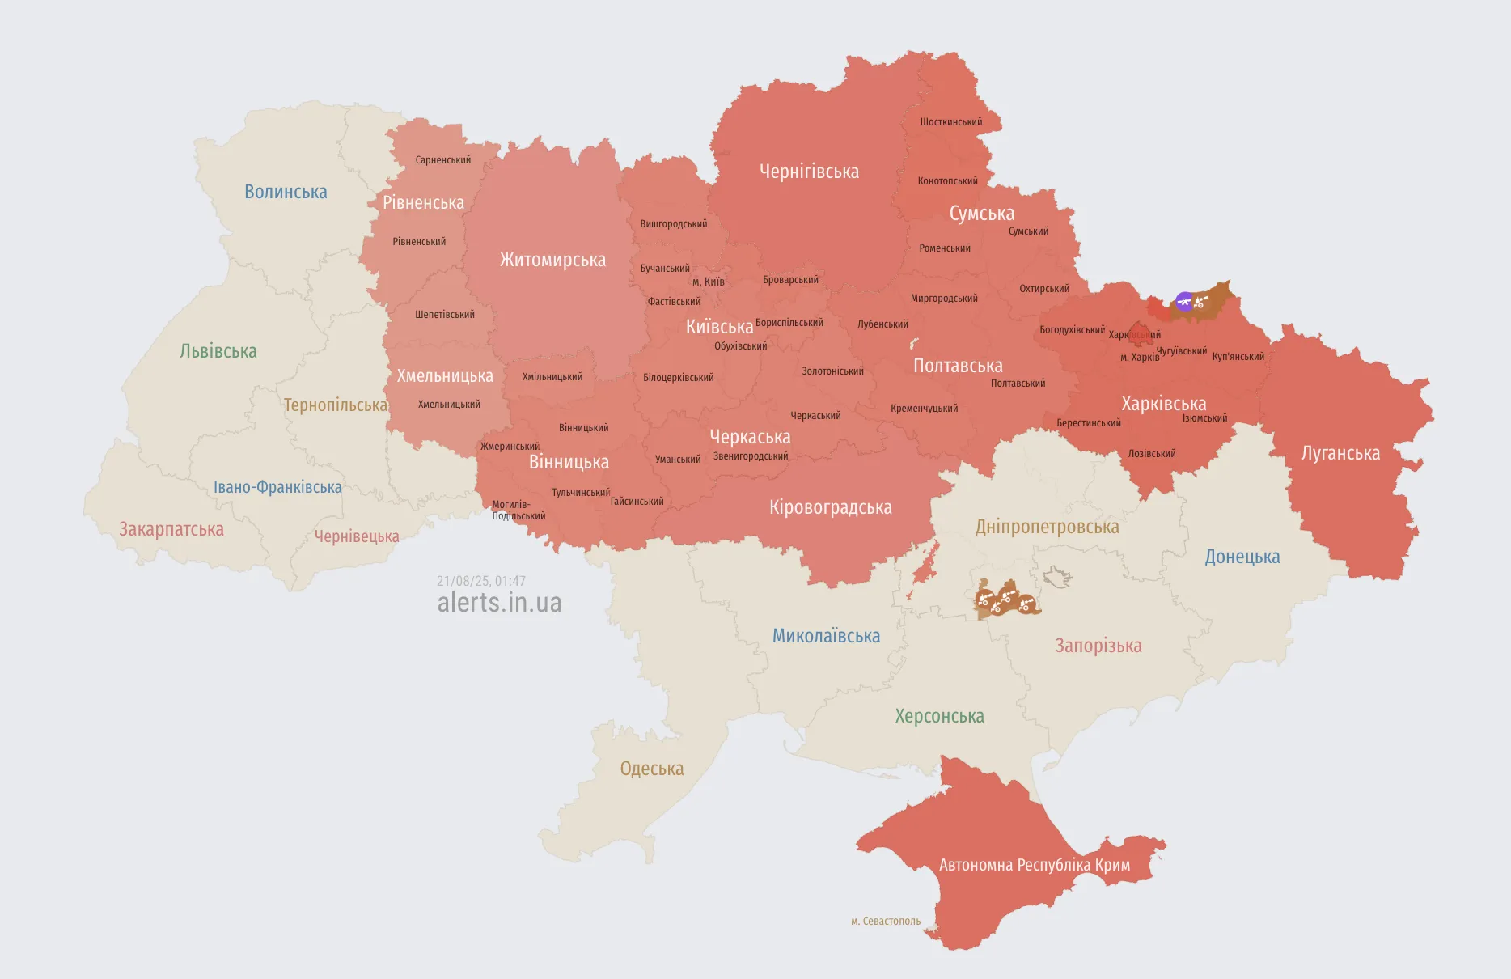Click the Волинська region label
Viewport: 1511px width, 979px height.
[286, 192]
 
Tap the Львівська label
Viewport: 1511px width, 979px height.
[218, 351]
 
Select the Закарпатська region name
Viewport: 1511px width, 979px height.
[171, 529]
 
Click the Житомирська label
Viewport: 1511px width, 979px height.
[552, 260]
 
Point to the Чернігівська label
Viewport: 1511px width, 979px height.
[809, 172]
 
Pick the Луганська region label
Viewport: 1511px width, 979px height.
[1340, 453]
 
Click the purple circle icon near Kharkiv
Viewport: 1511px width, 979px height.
[1184, 302]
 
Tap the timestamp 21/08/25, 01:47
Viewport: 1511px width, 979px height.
[481, 581]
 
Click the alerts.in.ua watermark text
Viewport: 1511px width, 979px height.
[499, 603]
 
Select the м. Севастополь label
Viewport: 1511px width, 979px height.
[886, 921]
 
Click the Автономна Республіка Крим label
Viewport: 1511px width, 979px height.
[1035, 865]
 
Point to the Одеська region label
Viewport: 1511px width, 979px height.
[652, 769]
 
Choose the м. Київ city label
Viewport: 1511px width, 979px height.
[709, 282]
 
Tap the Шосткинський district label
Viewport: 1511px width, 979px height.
[951, 122]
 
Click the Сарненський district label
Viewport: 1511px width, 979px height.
[443, 160]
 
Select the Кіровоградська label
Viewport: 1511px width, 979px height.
[831, 507]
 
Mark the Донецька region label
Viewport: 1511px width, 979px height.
[1242, 557]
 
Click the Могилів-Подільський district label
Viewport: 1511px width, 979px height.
[518, 511]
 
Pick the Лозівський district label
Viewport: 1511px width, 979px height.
[1152, 454]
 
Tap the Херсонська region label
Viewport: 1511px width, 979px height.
[939, 716]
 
